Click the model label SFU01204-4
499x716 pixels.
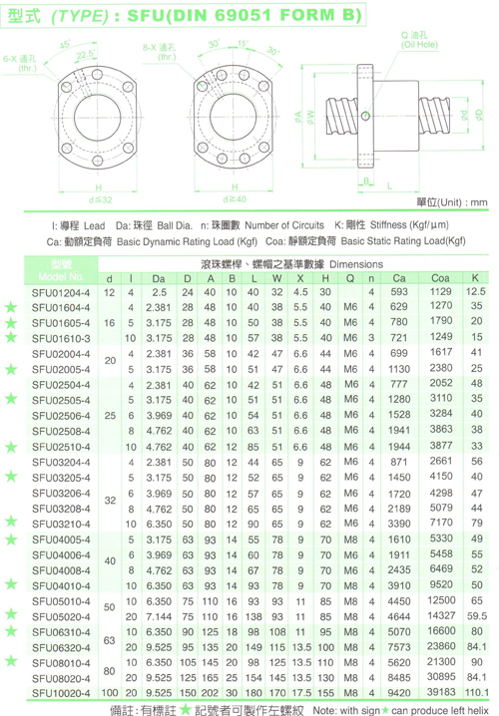tap(61, 292)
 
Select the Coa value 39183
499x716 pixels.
tap(441, 692)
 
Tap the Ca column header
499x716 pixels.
tap(399, 278)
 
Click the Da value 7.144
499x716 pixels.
tap(159, 616)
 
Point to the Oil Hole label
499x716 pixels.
tap(419, 40)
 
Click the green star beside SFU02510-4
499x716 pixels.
tap(11, 447)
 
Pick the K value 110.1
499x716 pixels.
tap(477, 693)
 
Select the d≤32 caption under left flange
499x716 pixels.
tap(100, 199)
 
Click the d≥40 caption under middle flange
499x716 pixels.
tap(235, 199)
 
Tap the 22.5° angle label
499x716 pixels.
tap(86, 55)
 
